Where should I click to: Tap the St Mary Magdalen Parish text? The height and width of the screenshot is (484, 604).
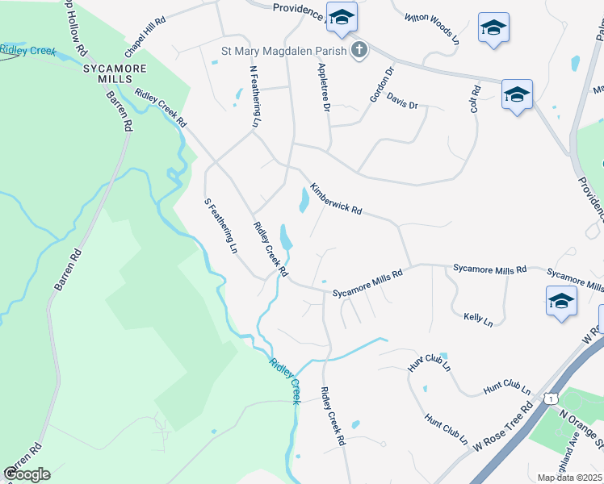click(x=283, y=51)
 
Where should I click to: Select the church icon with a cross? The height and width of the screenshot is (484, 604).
click(x=359, y=51)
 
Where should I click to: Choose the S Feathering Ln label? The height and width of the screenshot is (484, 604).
click(x=220, y=226)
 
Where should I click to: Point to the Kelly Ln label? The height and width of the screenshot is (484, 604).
click(x=478, y=319)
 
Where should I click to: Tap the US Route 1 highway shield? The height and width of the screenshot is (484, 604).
click(x=550, y=398)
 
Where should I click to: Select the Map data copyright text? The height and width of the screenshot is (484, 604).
click(x=570, y=478)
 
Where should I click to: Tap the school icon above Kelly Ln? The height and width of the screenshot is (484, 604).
click(x=561, y=302)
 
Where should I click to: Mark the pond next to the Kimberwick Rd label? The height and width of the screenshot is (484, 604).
click(x=303, y=199)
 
